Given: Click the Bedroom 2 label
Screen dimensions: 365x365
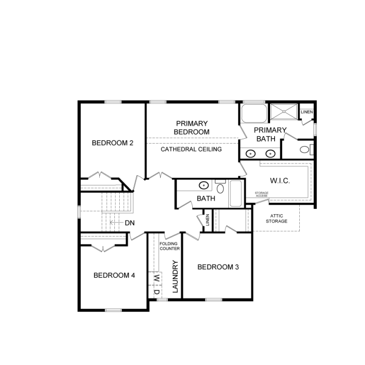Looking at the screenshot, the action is coord(112,143).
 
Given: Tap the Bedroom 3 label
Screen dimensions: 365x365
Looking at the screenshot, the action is coord(218,267).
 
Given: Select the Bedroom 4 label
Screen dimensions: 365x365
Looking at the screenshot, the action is coord(114,275).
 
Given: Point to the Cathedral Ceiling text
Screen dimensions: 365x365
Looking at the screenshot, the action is coord(191,149).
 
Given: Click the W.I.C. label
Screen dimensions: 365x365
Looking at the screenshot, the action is coord(280,181).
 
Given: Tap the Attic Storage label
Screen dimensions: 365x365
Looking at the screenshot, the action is coord(276,219).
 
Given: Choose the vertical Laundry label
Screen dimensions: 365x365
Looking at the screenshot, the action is coord(175,276).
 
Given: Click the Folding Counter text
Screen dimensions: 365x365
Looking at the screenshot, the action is coord(170,246).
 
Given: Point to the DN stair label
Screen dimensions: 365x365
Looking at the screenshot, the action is coord(129,223).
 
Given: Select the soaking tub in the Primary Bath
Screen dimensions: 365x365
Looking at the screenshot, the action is coord(254,113).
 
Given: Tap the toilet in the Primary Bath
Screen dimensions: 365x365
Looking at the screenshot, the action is coord(306,149).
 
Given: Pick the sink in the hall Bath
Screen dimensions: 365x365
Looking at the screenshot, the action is coord(204,185).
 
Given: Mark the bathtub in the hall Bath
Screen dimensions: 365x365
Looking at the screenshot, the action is coord(236,194).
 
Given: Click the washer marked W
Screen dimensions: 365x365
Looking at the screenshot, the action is coord(156,278).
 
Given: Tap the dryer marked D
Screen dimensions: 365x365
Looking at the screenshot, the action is coord(156,292).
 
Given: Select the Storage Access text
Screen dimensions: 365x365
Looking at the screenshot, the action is coord(261,194).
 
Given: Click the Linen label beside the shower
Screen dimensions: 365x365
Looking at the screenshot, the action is coord(307,112).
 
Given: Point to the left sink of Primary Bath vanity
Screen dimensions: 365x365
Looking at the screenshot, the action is coord(251,154).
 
